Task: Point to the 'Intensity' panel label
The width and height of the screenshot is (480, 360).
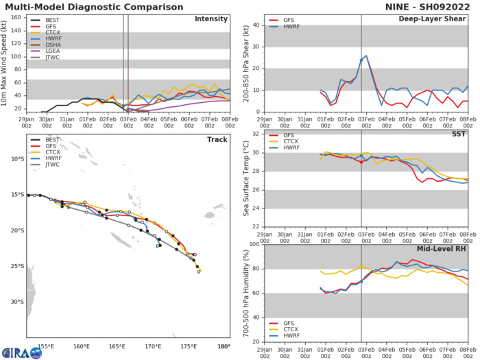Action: pos(211,19)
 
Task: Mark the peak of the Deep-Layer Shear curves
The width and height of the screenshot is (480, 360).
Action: pos(366,56)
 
